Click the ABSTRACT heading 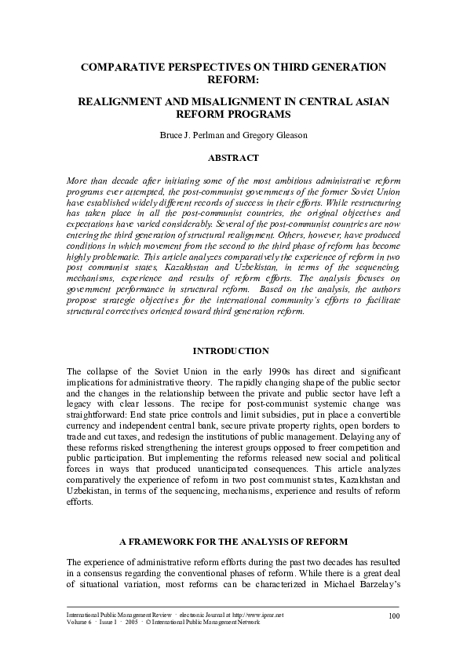tap(233, 158)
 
